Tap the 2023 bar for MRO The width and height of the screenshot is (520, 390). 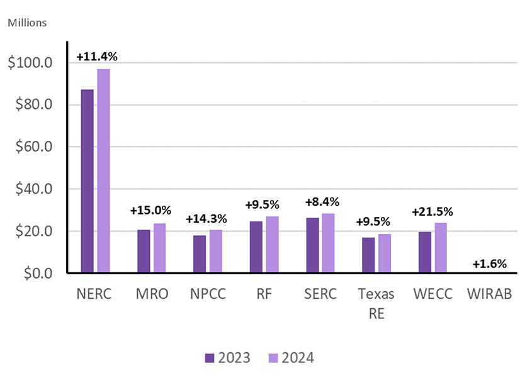coord(144,252)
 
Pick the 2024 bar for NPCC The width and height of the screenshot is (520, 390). coord(216,252)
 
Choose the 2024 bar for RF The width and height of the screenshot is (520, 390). coord(272,245)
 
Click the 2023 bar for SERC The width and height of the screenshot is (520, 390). coord(312,245)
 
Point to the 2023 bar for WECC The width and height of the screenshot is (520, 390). coord(424,252)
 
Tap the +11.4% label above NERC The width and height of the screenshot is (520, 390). coord(96,57)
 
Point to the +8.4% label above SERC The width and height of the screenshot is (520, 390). coord(321,202)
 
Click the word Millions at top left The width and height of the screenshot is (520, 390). coord(26,23)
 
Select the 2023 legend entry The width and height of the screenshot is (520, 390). coord(227,358)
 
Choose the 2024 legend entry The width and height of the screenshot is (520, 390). coord(291,358)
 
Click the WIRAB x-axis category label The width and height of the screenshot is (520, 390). coord(488,294)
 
